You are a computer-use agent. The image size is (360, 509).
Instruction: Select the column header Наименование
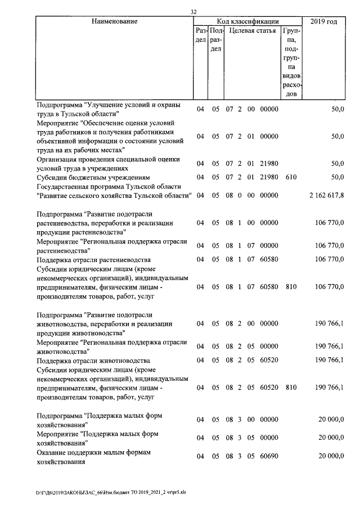coord(114,21)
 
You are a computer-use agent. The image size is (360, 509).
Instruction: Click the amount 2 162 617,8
coord(326,195)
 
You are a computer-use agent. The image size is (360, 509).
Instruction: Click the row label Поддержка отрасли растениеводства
coord(93,260)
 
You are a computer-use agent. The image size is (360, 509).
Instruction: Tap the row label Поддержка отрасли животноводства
coord(93,360)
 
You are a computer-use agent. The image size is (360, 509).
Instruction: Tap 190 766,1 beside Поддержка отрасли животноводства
coord(329,360)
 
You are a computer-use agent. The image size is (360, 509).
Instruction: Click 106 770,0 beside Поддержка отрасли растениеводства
coord(329,260)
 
